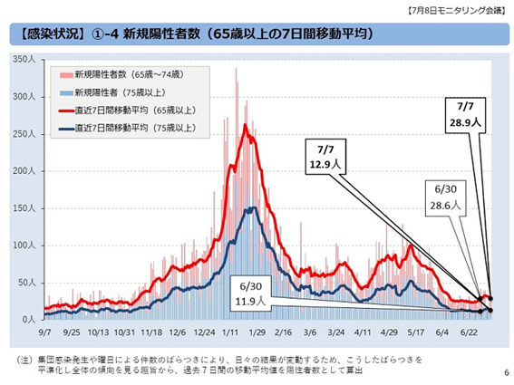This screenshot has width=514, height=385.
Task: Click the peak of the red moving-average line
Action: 245,124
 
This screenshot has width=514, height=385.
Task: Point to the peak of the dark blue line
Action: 251,207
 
